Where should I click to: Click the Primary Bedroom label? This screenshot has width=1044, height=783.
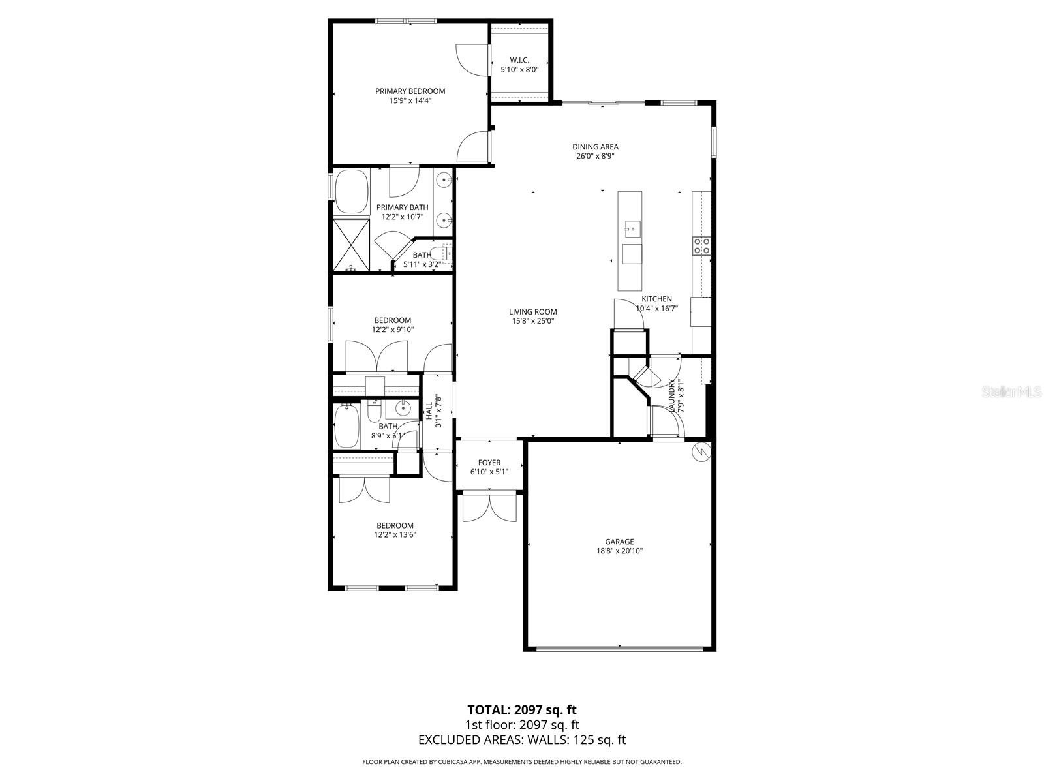pos(410,91)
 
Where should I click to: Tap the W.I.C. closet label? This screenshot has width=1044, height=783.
pos(519,60)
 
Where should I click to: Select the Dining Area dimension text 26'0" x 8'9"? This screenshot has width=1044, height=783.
pos(595,156)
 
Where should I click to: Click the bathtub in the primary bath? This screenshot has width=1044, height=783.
pos(352,192)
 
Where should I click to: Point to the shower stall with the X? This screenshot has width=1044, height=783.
pos(351,245)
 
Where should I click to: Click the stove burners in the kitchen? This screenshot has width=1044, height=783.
pos(701,245)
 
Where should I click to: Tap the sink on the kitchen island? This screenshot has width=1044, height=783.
pos(631,228)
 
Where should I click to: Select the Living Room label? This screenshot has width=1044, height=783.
pos(533,312)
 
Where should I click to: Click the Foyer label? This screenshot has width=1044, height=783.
pos(489,463)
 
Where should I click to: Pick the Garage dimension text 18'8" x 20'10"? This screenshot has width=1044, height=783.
pos(619,551)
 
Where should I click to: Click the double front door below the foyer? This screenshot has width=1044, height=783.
pos(489,508)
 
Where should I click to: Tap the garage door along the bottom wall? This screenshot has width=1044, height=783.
pos(619,648)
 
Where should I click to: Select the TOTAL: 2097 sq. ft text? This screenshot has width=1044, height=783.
pos(521,709)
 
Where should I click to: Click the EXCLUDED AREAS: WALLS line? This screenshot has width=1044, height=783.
pos(521,739)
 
